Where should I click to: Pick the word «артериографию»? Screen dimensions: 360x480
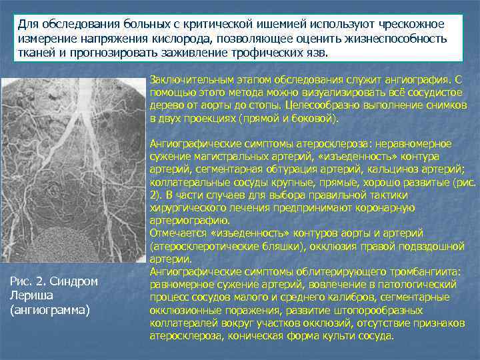click(x=191, y=221)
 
